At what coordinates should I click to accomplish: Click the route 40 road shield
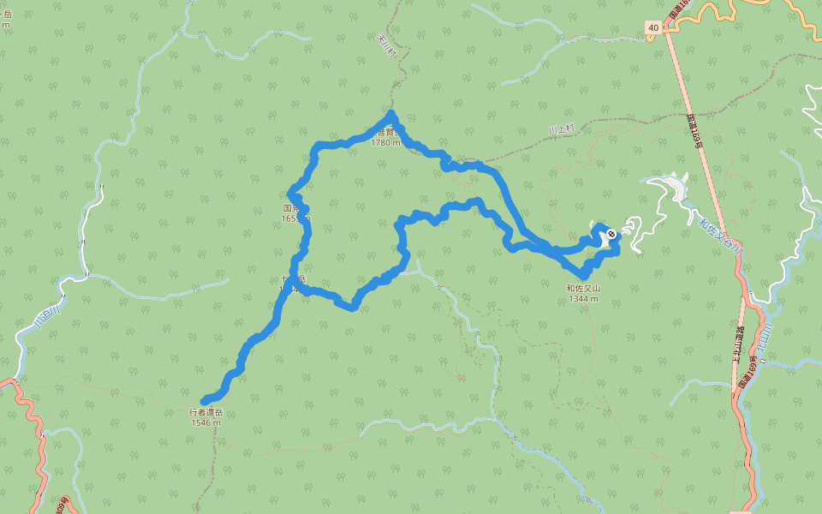click(x=653, y=28)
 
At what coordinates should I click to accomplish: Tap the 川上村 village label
click(x=563, y=129)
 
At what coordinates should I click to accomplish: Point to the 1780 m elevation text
click(x=385, y=143)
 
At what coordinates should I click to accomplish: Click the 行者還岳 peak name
click(x=205, y=413)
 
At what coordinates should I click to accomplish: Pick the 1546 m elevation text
click(x=205, y=423)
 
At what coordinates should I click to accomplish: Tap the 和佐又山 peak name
click(x=583, y=289)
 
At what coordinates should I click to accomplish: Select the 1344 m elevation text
click(x=583, y=299)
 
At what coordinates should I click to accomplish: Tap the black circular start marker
click(x=611, y=234)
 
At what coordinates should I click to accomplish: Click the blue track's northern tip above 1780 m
click(x=391, y=114)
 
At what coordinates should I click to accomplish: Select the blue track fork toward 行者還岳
click(x=294, y=281)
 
